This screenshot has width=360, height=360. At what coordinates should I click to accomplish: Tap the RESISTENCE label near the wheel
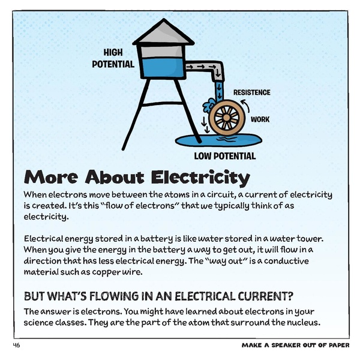click(x=251, y=92)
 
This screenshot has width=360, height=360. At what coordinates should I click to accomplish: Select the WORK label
click(x=260, y=119)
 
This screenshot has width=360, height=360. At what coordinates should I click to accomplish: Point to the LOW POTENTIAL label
click(x=224, y=156)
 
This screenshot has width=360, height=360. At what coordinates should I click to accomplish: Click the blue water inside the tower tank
click(x=160, y=65)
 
